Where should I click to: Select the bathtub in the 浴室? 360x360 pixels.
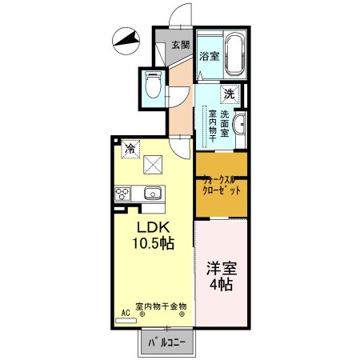click(234, 53)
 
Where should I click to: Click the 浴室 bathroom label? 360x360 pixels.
click(210, 56)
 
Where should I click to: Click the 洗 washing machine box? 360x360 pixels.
click(230, 94)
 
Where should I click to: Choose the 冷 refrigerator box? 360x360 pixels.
click(129, 149)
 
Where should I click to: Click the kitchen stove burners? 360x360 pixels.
click(123, 194)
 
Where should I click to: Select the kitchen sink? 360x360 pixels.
click(152, 194)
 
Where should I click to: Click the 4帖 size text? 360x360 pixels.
click(222, 285)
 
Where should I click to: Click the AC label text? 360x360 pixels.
click(126, 312)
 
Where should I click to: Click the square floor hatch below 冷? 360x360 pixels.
click(152, 165)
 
